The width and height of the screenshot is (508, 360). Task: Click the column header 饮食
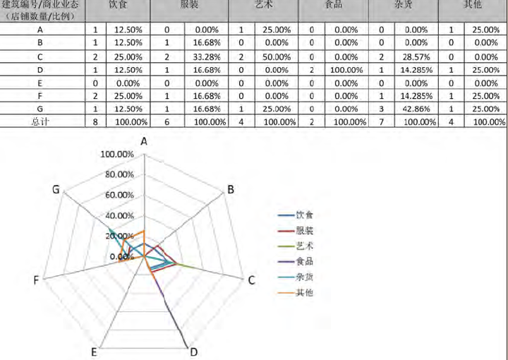[117, 5]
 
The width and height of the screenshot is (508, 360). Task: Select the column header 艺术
[264, 5]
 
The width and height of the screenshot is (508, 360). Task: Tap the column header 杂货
[404, 5]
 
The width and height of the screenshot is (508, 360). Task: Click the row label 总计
[40, 121]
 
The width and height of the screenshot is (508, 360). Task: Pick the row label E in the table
[40, 83]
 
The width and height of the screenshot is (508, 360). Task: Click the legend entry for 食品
[305, 261]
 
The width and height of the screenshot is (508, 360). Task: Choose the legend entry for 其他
[305, 292]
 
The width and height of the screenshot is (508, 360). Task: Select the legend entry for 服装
[305, 230]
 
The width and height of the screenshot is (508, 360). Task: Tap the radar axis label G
[55, 188]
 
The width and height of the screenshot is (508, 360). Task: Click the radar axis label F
[35, 280]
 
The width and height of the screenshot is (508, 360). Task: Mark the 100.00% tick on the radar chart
[117, 155]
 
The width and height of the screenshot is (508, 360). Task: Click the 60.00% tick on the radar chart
[119, 196]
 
